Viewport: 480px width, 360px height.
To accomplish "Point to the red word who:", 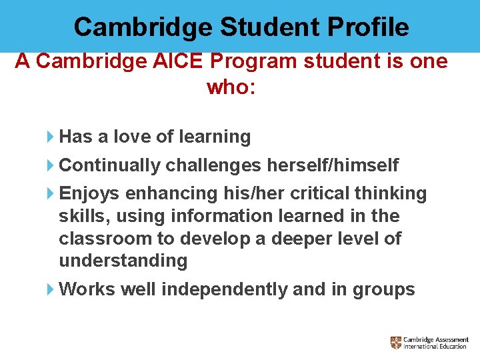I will point(231,87).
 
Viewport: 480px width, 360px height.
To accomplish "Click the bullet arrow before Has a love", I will point(51,137).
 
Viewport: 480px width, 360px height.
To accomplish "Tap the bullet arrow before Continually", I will point(51,165).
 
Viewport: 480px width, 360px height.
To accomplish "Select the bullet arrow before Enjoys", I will point(51,194).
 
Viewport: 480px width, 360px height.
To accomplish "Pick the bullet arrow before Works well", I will point(51,290).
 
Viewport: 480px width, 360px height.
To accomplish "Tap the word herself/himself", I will point(333,165).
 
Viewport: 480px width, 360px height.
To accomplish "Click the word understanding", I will point(123,261).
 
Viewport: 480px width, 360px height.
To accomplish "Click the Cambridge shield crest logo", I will point(396,342).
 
